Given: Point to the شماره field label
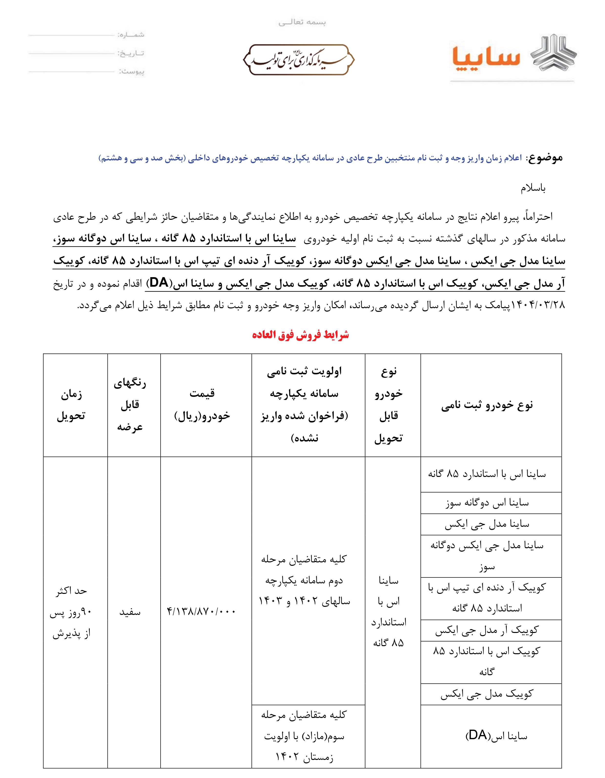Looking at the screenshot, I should pyautogui.click(x=131, y=35).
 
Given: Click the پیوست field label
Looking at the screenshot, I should pyautogui.click(x=132, y=72).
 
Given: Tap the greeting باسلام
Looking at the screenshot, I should pyautogui.click(x=533, y=188).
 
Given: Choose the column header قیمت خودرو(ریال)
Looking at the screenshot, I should pyautogui.click(x=202, y=405).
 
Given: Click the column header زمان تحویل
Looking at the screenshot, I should pyautogui.click(x=71, y=405).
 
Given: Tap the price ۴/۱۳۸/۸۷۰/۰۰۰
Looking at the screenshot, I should pyautogui.click(x=201, y=612).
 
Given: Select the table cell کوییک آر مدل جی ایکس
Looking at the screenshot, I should pyautogui.click(x=487, y=630).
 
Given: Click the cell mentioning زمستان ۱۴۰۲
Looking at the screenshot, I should pyautogui.click(x=304, y=736).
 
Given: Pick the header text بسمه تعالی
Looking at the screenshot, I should pyautogui.click(x=302, y=22).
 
